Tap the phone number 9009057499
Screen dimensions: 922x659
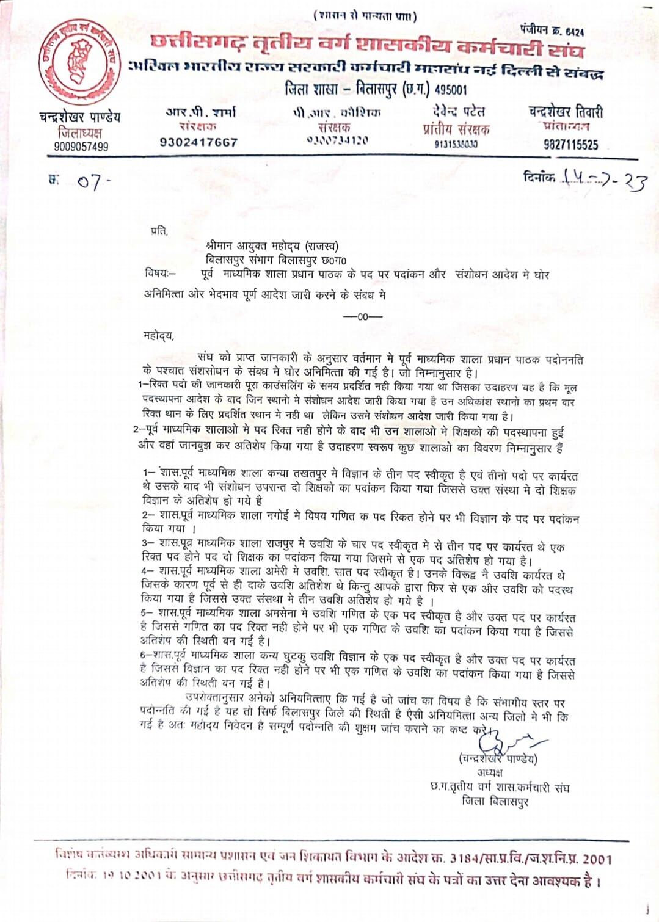(81, 147)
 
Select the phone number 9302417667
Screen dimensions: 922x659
(198, 142)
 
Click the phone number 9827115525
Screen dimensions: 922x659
(570, 145)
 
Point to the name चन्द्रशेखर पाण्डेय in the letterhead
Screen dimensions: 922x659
(79, 117)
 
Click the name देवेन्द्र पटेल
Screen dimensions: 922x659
(456, 112)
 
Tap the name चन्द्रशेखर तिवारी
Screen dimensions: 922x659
(566, 112)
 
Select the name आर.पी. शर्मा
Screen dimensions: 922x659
(201, 112)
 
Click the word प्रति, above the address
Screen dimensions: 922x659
(159, 231)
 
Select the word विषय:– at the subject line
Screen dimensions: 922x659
(160, 273)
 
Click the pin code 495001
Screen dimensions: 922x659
(451, 90)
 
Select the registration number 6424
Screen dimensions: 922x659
(574, 32)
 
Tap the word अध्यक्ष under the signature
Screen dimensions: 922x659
(490, 773)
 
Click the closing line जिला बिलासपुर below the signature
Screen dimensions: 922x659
(495, 801)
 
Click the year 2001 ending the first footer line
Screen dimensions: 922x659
(596, 859)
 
